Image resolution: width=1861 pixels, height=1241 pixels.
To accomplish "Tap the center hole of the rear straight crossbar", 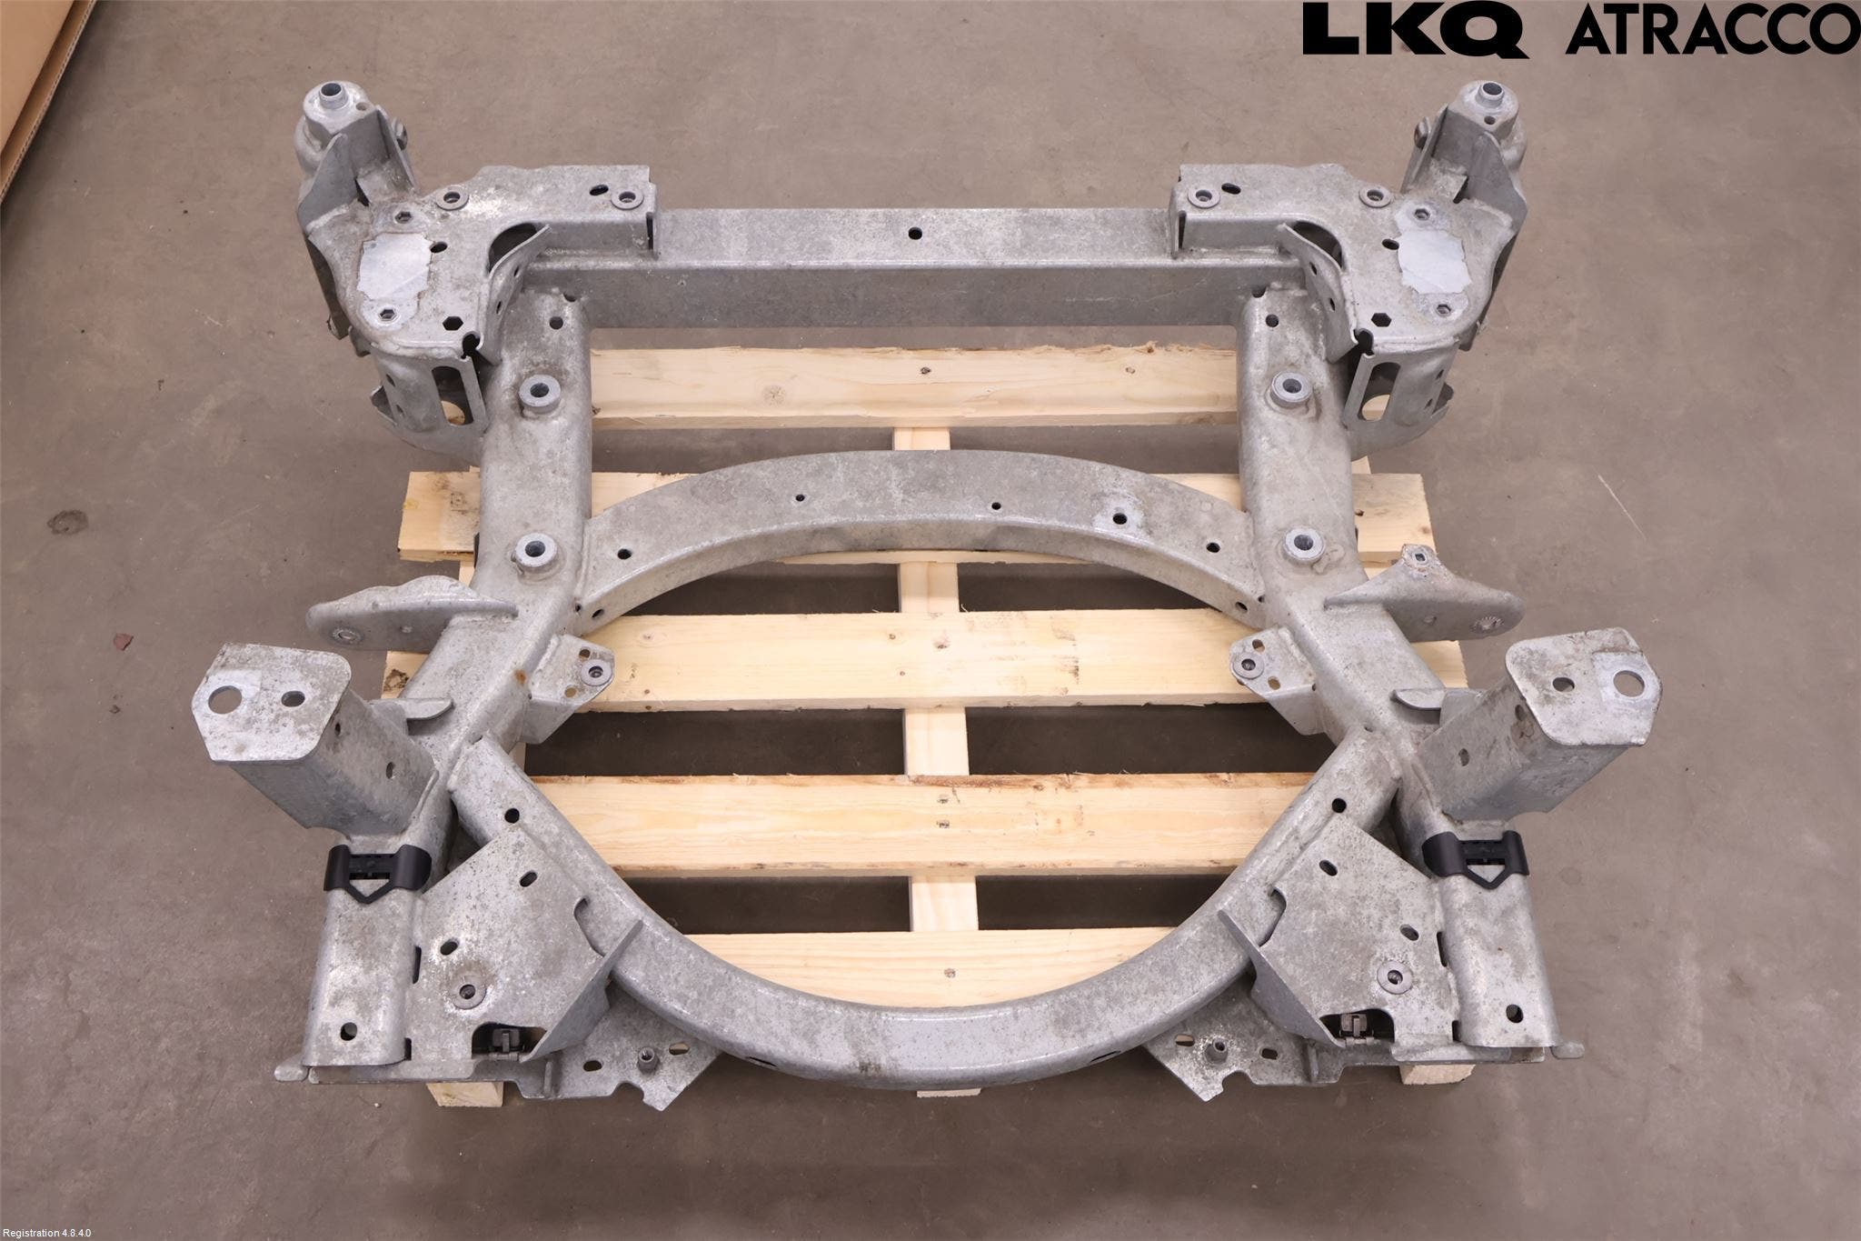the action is tap(920, 234).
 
